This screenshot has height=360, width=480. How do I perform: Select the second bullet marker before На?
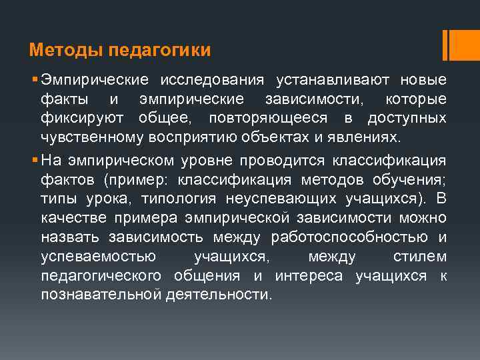click(x=33, y=160)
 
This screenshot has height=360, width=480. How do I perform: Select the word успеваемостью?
click(x=99, y=257)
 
